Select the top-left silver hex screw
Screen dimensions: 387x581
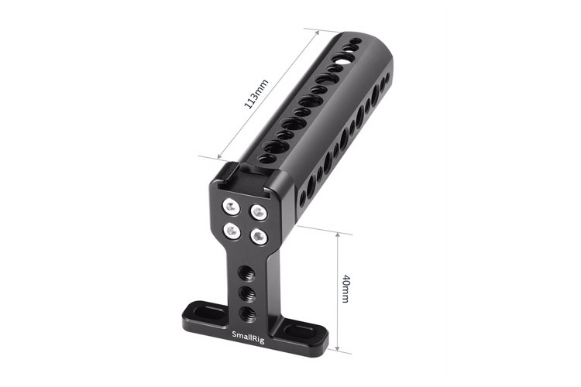tap(230, 205)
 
